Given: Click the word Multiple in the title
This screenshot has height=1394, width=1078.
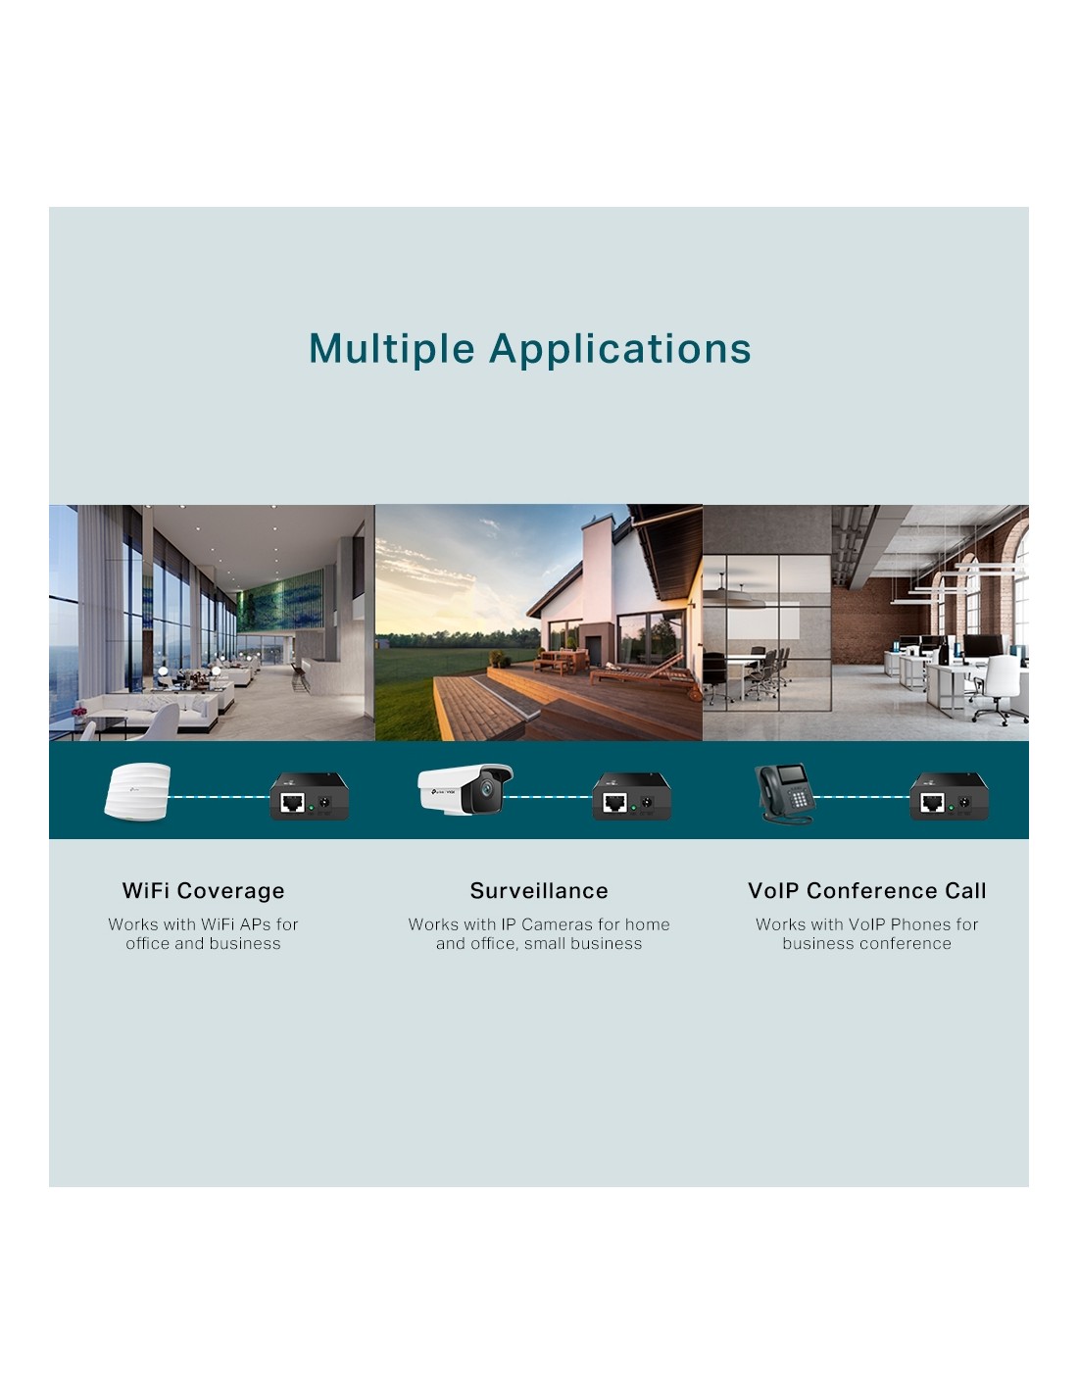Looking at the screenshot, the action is pyautogui.click(x=391, y=350).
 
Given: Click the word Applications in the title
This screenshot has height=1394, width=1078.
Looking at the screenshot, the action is pyautogui.click(x=619, y=350).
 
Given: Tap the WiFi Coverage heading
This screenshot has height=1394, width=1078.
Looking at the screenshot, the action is pyautogui.click(x=203, y=891).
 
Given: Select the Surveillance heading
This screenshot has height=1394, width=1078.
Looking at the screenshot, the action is pyautogui.click(x=539, y=890).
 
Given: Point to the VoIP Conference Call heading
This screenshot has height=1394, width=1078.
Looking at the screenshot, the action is pyautogui.click(x=866, y=890).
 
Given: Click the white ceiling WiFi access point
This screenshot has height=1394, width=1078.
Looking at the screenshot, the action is pyautogui.click(x=137, y=792).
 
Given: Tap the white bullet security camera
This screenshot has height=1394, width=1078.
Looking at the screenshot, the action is pyautogui.click(x=465, y=788).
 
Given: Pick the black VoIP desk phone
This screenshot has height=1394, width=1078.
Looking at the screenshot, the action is pyautogui.click(x=784, y=793).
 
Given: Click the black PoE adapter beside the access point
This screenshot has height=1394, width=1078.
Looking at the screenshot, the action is pyautogui.click(x=309, y=796).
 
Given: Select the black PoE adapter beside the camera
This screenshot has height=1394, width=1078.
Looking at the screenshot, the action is pyautogui.click(x=632, y=796).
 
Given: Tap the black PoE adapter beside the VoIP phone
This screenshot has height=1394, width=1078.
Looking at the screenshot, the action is pyautogui.click(x=949, y=796).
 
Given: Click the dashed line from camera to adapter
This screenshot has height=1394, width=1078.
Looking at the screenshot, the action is pyautogui.click(x=548, y=797).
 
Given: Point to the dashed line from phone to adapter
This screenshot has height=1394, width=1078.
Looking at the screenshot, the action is pyautogui.click(x=861, y=797).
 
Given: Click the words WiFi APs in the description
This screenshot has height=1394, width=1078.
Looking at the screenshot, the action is pyautogui.click(x=236, y=924).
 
